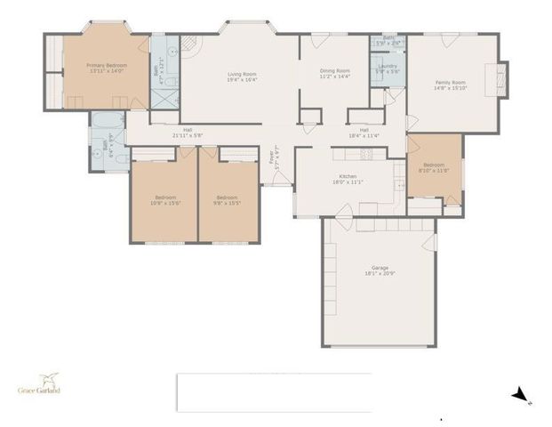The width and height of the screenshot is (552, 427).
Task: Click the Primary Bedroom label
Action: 106,68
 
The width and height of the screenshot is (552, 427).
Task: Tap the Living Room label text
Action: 242,77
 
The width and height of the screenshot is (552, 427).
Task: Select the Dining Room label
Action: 335,73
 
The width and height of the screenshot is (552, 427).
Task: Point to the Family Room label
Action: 450,85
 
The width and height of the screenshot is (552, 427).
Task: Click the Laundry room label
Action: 388,68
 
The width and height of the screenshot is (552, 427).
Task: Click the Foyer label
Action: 274,158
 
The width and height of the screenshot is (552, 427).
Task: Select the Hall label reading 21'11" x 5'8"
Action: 188,133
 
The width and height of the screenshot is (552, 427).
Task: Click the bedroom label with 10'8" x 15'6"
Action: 165,199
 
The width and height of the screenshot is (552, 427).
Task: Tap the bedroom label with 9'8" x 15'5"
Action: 228,199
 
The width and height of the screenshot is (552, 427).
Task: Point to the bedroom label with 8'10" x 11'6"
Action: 434,166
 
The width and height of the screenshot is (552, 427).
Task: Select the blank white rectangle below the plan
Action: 274,391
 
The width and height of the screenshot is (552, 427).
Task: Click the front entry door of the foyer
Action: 281,178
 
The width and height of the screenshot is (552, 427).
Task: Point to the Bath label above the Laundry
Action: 388,40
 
